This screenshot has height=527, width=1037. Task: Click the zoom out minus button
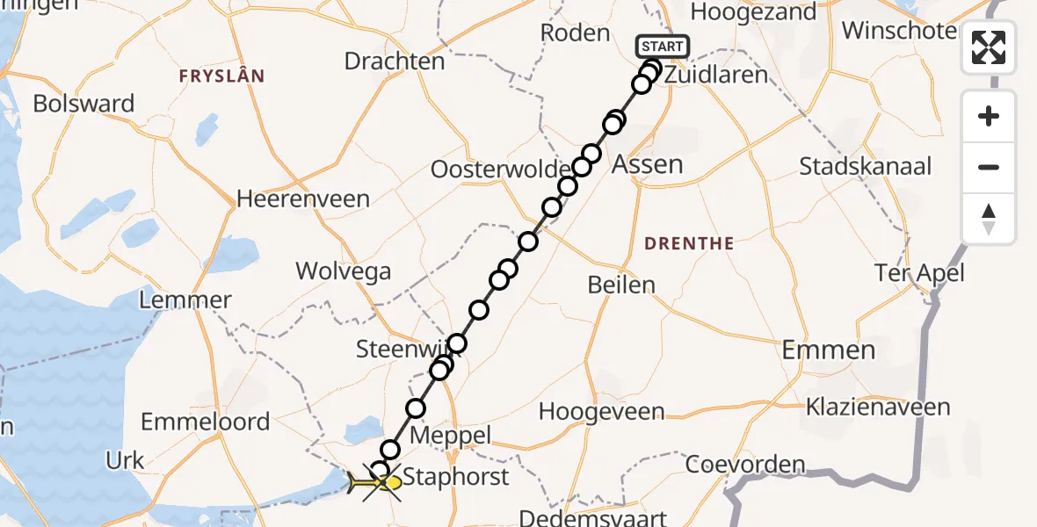tap(989, 168)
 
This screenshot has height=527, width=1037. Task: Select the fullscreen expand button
tap(989, 47)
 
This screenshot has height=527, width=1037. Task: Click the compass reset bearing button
tap(989, 219)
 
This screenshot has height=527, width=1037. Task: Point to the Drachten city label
tap(395, 61)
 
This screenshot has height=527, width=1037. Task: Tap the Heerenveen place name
tap(303, 199)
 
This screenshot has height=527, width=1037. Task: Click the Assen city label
tap(648, 164)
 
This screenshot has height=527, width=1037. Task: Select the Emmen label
tap(829, 350)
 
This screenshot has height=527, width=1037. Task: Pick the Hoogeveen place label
tap(602, 410)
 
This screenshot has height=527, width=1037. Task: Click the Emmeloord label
tap(206, 422)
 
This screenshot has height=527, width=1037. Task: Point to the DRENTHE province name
tap(690, 243)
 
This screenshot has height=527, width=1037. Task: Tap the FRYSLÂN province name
tap(221, 76)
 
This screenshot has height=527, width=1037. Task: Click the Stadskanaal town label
tap(866, 166)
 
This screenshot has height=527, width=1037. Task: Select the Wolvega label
tap(344, 271)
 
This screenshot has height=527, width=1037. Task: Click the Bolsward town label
tap(83, 104)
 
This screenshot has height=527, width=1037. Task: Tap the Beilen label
tap(622, 285)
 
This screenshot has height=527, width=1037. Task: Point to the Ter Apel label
tap(919, 273)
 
